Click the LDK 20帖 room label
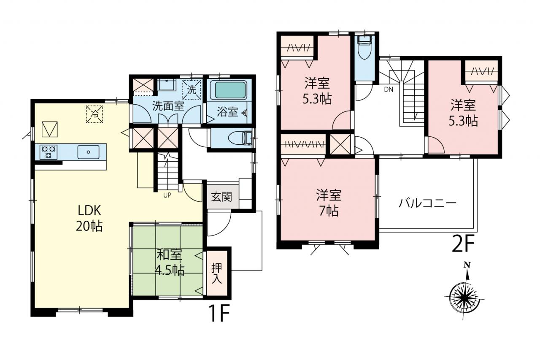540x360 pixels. tap(89, 219)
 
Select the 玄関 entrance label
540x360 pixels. tap(221, 197)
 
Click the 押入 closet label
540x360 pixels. tap(217, 273)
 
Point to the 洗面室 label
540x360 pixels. tap(168, 106)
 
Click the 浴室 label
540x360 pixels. tap(227, 112)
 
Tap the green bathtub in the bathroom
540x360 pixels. tap(229, 90)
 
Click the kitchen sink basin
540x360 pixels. tap(88, 152)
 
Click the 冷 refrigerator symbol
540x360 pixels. tap(94, 114)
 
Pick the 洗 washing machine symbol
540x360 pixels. tap(192, 89)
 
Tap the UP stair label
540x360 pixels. tap(167, 195)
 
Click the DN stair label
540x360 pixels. tap(389, 90)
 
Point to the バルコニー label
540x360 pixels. tap(427, 203)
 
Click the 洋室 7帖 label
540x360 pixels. tap(329, 203)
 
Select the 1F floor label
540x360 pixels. tap(220, 313)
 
